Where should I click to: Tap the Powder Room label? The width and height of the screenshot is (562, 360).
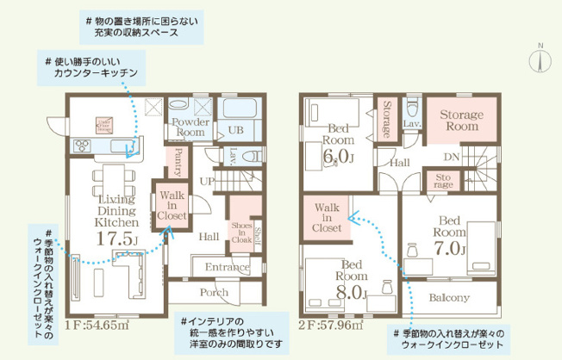click(189, 127)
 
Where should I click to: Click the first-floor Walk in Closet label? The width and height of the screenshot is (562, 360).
click(170, 207)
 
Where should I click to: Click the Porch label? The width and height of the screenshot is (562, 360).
click(214, 291)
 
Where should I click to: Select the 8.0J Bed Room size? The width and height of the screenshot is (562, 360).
click(353, 293)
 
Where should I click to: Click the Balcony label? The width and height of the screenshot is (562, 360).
click(449, 298)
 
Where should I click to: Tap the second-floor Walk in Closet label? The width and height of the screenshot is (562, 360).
click(327, 219)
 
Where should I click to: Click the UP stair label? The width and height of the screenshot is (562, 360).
click(207, 182)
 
